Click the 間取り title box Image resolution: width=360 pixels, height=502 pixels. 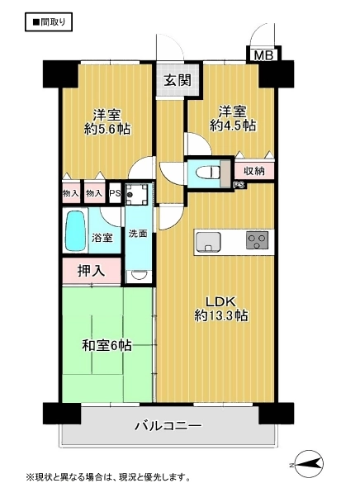(x=49, y=21)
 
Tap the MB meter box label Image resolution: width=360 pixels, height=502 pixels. (x=263, y=55)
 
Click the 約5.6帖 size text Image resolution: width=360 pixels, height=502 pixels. (x=107, y=129)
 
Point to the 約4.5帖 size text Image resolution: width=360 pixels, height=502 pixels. (x=233, y=125)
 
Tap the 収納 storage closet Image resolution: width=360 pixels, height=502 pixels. (x=254, y=171)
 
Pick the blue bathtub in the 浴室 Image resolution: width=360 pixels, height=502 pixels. (x=76, y=230)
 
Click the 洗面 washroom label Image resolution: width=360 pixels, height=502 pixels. (x=138, y=234)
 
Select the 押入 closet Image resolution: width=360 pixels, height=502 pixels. (x=92, y=271)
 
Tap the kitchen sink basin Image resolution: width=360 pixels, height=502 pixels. (x=208, y=242)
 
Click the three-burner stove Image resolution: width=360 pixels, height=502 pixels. (x=257, y=240)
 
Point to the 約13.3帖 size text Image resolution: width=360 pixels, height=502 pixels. (x=221, y=316)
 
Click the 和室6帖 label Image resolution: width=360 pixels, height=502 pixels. (x=107, y=346)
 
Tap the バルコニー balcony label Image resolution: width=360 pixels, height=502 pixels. (x=168, y=426)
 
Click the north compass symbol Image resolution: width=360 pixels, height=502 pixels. (x=307, y=463)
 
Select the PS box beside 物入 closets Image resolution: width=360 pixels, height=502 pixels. (x=115, y=194)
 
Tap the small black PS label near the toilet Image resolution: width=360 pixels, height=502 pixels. (x=239, y=185)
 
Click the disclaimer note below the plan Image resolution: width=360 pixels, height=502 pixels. (x=108, y=478)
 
